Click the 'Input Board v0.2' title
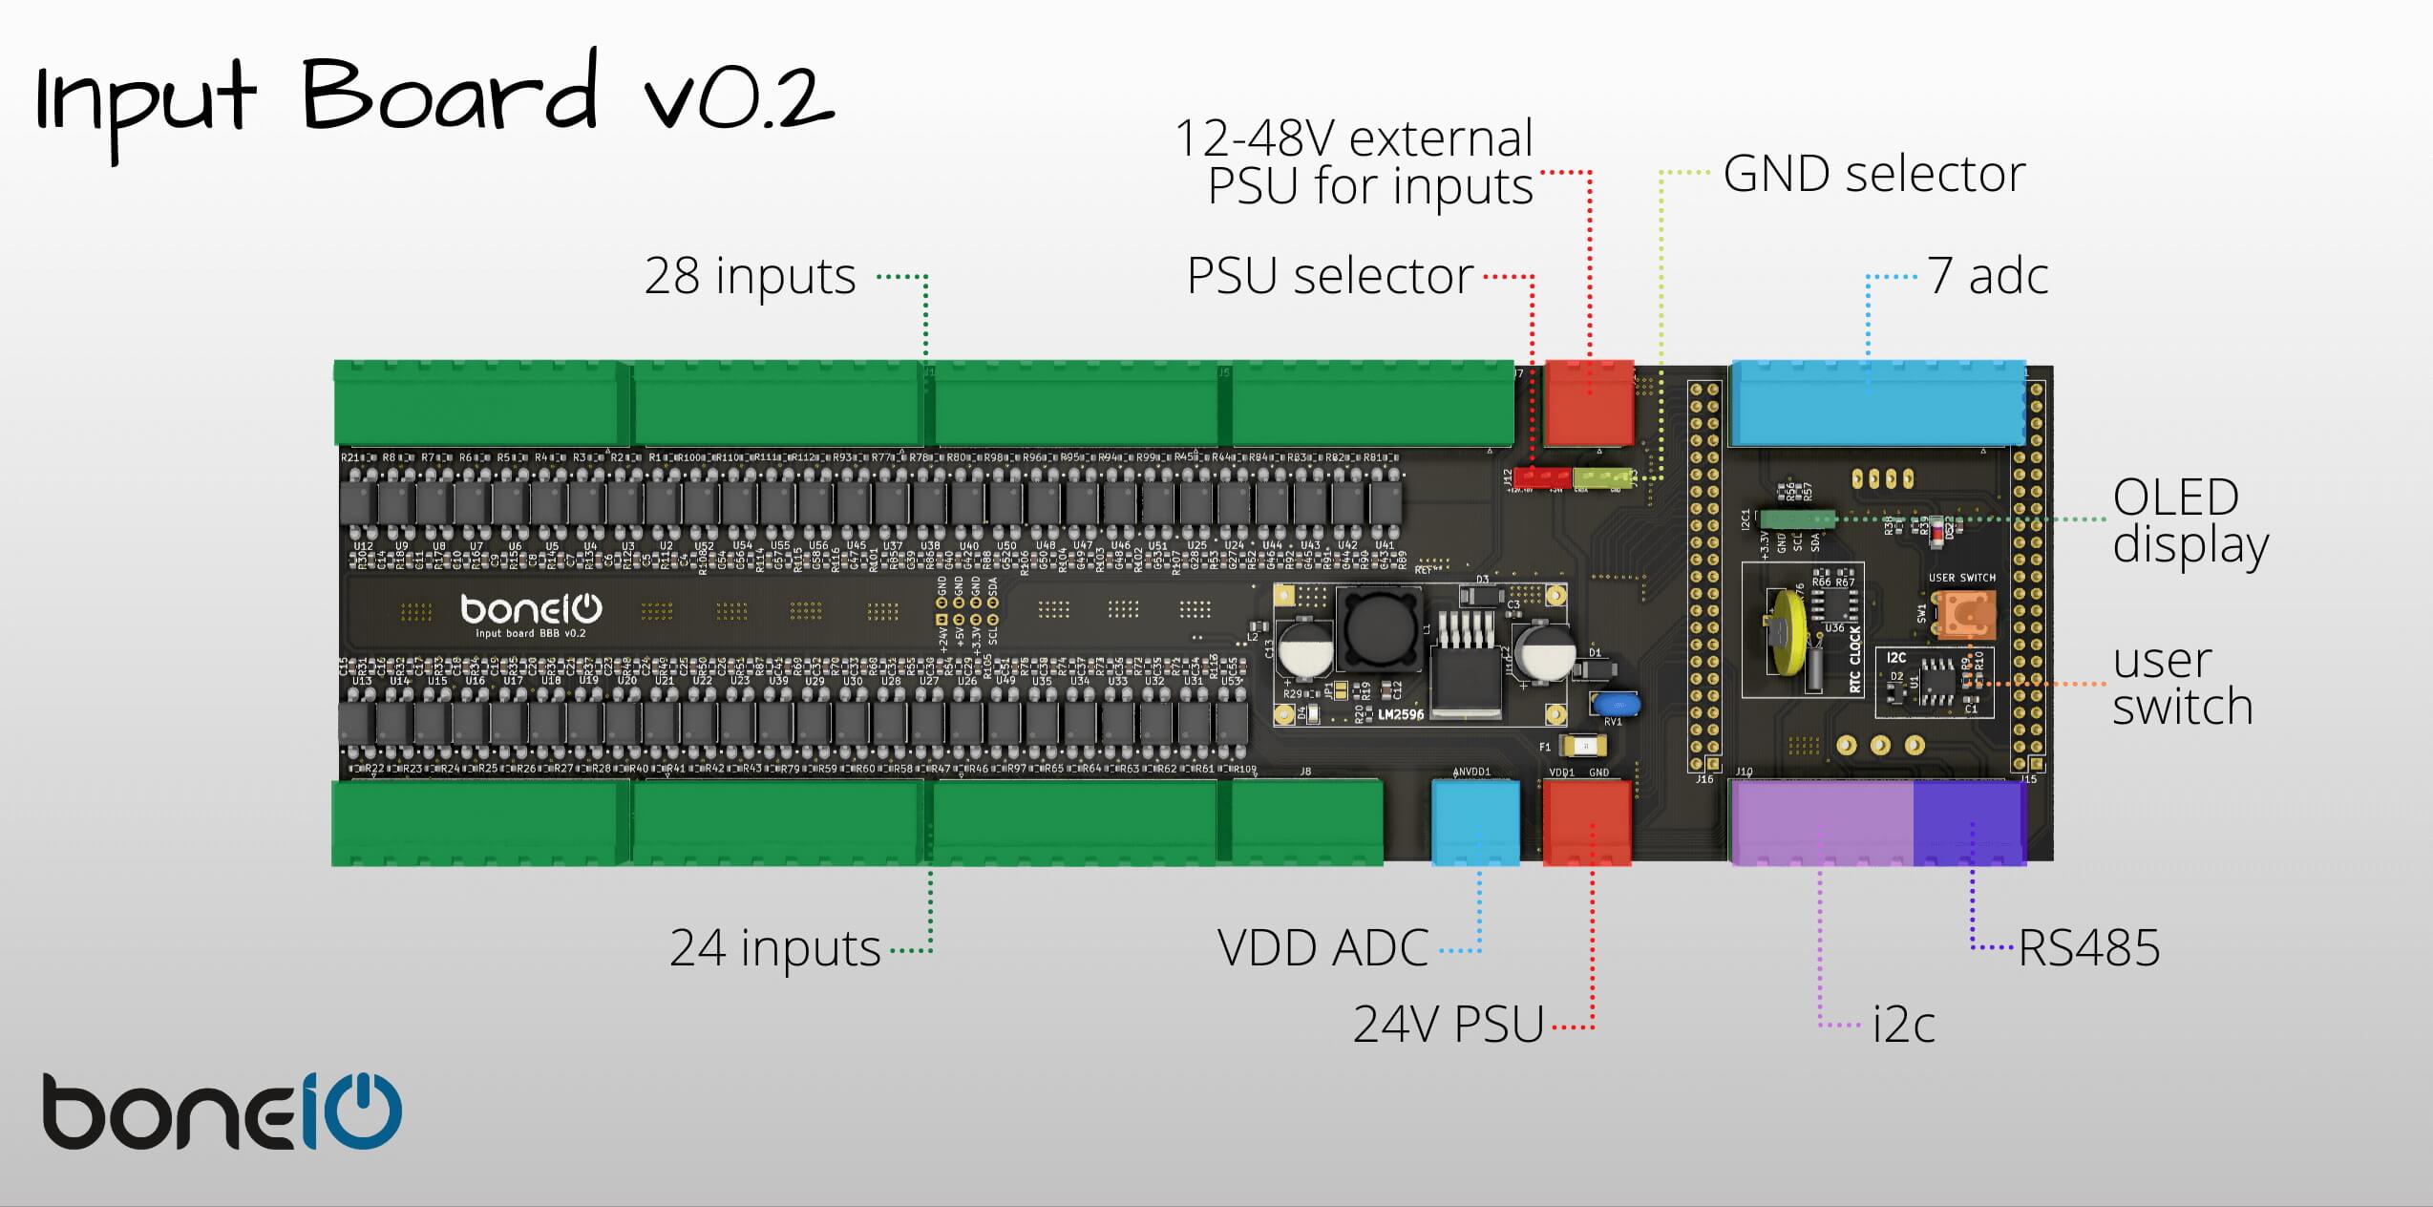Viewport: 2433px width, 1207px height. coord(434,100)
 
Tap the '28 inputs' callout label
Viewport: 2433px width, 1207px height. coord(750,277)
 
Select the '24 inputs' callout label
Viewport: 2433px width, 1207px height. coord(774,948)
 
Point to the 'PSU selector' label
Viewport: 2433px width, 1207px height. coord(1329,277)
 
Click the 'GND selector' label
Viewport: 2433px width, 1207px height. coord(1873,174)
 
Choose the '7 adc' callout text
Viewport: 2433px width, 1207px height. coord(1987,277)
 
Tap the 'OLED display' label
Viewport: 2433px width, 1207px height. coord(2190,521)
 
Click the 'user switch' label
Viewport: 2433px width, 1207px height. coord(2182,684)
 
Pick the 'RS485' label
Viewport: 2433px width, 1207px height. coord(2088,948)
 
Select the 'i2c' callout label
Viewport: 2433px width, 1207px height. coord(1903,1026)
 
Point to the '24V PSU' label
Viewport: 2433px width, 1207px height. coord(1449,1026)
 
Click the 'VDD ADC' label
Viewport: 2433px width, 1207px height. coord(1322,948)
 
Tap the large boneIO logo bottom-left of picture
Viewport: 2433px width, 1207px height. coord(222,1112)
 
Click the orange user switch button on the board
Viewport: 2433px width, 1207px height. coord(1964,613)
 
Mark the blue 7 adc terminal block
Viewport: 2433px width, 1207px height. coord(1877,403)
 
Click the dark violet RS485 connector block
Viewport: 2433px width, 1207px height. coord(1969,823)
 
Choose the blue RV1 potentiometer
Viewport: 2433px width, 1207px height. coord(1616,705)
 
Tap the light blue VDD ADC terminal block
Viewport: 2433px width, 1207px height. coord(1475,822)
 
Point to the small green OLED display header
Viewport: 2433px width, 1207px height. coord(1796,519)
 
